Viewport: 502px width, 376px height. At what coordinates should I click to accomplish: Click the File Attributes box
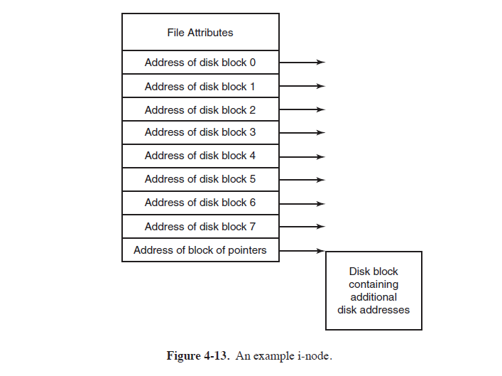tap(200, 32)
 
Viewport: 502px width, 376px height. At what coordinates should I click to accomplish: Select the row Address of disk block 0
tap(200, 63)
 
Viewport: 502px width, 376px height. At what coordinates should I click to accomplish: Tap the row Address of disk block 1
tap(200, 86)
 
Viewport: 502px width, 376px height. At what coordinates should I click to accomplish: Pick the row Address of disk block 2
tap(200, 109)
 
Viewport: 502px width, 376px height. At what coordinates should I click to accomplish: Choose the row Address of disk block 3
tap(200, 132)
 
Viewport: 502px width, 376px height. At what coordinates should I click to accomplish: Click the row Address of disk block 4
tap(200, 156)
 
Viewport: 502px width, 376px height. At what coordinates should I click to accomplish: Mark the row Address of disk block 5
tap(200, 179)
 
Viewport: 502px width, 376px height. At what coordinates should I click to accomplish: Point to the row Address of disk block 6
tap(200, 203)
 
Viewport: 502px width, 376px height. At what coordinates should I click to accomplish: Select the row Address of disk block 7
tap(200, 226)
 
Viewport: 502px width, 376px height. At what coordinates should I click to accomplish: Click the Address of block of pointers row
tap(200, 249)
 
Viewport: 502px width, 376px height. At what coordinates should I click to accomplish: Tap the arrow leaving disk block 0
tap(302, 63)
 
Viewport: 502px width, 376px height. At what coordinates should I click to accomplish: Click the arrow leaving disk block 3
tap(302, 132)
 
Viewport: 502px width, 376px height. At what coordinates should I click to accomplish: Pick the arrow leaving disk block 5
tap(302, 179)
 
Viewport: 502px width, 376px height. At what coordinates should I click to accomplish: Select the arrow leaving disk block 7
tap(302, 226)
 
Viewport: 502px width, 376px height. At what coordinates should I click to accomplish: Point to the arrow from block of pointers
tap(302, 249)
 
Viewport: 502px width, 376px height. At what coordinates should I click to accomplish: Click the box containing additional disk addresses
tap(373, 290)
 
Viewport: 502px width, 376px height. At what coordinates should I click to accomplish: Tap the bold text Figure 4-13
tap(197, 355)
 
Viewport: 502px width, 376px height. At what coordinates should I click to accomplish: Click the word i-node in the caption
tap(313, 355)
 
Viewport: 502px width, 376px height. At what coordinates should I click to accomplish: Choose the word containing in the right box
tap(373, 284)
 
